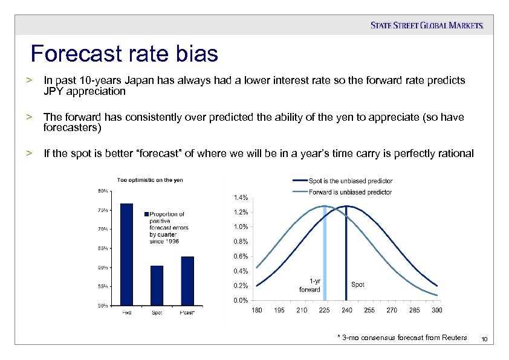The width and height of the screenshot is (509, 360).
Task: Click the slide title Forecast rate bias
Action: tap(125, 54)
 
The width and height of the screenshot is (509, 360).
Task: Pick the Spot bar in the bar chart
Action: tap(157, 286)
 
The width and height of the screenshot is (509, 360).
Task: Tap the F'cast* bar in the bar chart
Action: tap(187, 281)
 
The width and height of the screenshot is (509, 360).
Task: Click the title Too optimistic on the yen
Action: tap(150, 180)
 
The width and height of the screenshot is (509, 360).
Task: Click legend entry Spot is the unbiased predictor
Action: tap(351, 181)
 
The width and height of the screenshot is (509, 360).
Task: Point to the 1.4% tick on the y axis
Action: tap(240, 198)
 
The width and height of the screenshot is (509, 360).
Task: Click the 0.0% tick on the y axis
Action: tap(240, 300)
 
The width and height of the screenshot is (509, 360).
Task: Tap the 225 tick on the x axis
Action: tap(324, 310)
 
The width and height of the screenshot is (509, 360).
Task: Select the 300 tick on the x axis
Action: tap(437, 310)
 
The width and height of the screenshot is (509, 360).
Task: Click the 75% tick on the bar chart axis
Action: tap(103, 210)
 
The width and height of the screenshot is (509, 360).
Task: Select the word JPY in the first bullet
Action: tap(55, 92)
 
